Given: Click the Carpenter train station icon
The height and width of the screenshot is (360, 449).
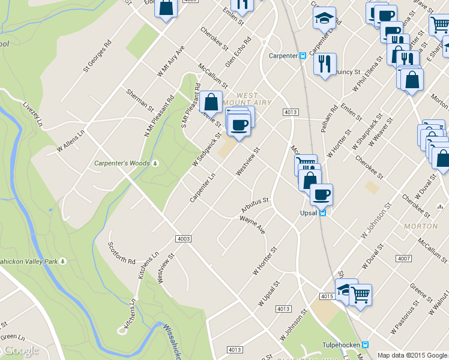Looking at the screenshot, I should click(303, 56).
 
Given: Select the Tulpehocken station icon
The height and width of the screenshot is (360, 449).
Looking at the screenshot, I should click(365, 345).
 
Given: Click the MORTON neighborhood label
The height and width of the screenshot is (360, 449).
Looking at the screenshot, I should click(421, 226).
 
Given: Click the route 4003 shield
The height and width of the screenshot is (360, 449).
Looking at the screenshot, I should click(184, 239).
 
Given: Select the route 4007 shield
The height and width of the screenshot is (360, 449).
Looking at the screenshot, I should click(403, 259).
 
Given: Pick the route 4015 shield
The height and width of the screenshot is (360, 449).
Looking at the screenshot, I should click(327, 296).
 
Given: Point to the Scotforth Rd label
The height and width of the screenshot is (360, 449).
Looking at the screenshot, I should click(121, 253).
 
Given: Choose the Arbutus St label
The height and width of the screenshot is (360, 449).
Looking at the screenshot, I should click(255, 204).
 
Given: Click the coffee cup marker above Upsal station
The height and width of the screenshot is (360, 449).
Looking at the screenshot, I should click(321, 194).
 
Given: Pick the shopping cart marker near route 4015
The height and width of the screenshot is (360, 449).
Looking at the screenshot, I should click(360, 295).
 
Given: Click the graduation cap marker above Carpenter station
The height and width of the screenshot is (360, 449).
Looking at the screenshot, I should click(324, 17).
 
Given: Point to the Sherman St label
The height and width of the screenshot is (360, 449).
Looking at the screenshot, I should click(140, 100).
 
